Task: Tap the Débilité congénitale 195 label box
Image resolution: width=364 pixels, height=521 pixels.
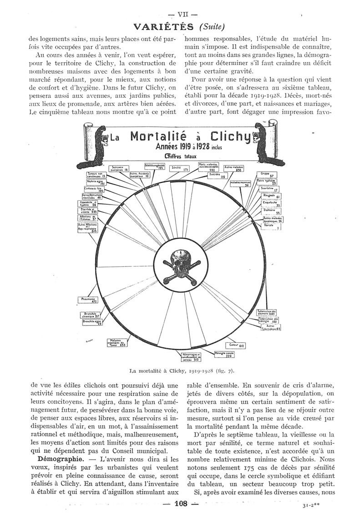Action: coord(154,166)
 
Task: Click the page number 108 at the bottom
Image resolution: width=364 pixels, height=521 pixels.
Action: coord(181,503)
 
